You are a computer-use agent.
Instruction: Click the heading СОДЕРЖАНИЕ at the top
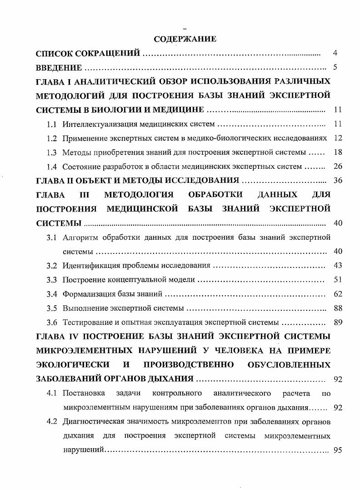coord(185,39)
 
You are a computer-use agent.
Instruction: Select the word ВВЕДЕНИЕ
coord(59,68)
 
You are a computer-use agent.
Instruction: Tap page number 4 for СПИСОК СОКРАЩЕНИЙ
coord(335,53)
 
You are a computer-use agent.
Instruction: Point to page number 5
coord(335,68)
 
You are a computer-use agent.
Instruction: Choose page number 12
coord(338,138)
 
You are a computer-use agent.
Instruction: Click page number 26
coord(338,166)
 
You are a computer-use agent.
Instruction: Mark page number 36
coord(338,180)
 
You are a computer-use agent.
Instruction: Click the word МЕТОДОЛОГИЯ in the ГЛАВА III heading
coord(139,195)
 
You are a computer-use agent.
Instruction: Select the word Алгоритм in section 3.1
coord(80,237)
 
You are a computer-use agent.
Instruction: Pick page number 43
coord(338,265)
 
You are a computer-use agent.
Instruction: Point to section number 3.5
coord(52,308)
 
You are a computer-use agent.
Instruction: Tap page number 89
coord(338,323)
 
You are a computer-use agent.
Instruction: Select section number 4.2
coord(52,421)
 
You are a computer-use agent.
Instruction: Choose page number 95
coord(338,450)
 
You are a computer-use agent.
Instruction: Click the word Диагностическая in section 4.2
coord(93,421)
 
